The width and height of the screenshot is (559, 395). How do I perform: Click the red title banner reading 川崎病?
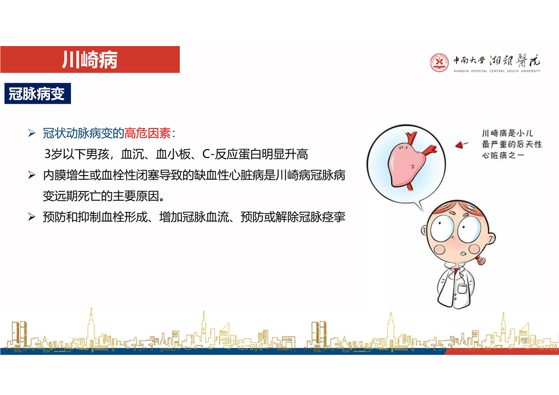(x=90, y=59)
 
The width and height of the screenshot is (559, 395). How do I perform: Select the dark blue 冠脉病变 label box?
(x=38, y=94)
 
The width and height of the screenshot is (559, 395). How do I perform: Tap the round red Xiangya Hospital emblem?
(x=439, y=62)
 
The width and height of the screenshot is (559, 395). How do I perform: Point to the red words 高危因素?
(x=148, y=133)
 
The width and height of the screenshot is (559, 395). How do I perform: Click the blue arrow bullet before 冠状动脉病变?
(x=32, y=133)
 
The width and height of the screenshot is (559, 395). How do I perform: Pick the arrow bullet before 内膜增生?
(x=32, y=175)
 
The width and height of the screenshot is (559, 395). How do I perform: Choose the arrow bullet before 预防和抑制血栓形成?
(x=32, y=217)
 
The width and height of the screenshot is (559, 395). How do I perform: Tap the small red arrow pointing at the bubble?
(x=461, y=145)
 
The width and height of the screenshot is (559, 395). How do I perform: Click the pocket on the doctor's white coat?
(x=462, y=289)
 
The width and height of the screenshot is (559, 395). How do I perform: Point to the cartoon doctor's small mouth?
(x=464, y=254)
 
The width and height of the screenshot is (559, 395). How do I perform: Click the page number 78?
(x=524, y=340)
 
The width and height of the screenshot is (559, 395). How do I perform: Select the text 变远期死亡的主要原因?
(x=101, y=196)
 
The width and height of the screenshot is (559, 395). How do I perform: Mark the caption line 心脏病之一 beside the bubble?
(x=503, y=156)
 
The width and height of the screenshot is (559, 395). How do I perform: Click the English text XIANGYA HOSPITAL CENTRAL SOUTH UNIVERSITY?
(x=497, y=71)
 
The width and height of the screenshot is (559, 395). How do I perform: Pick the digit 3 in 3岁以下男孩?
(x=48, y=154)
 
